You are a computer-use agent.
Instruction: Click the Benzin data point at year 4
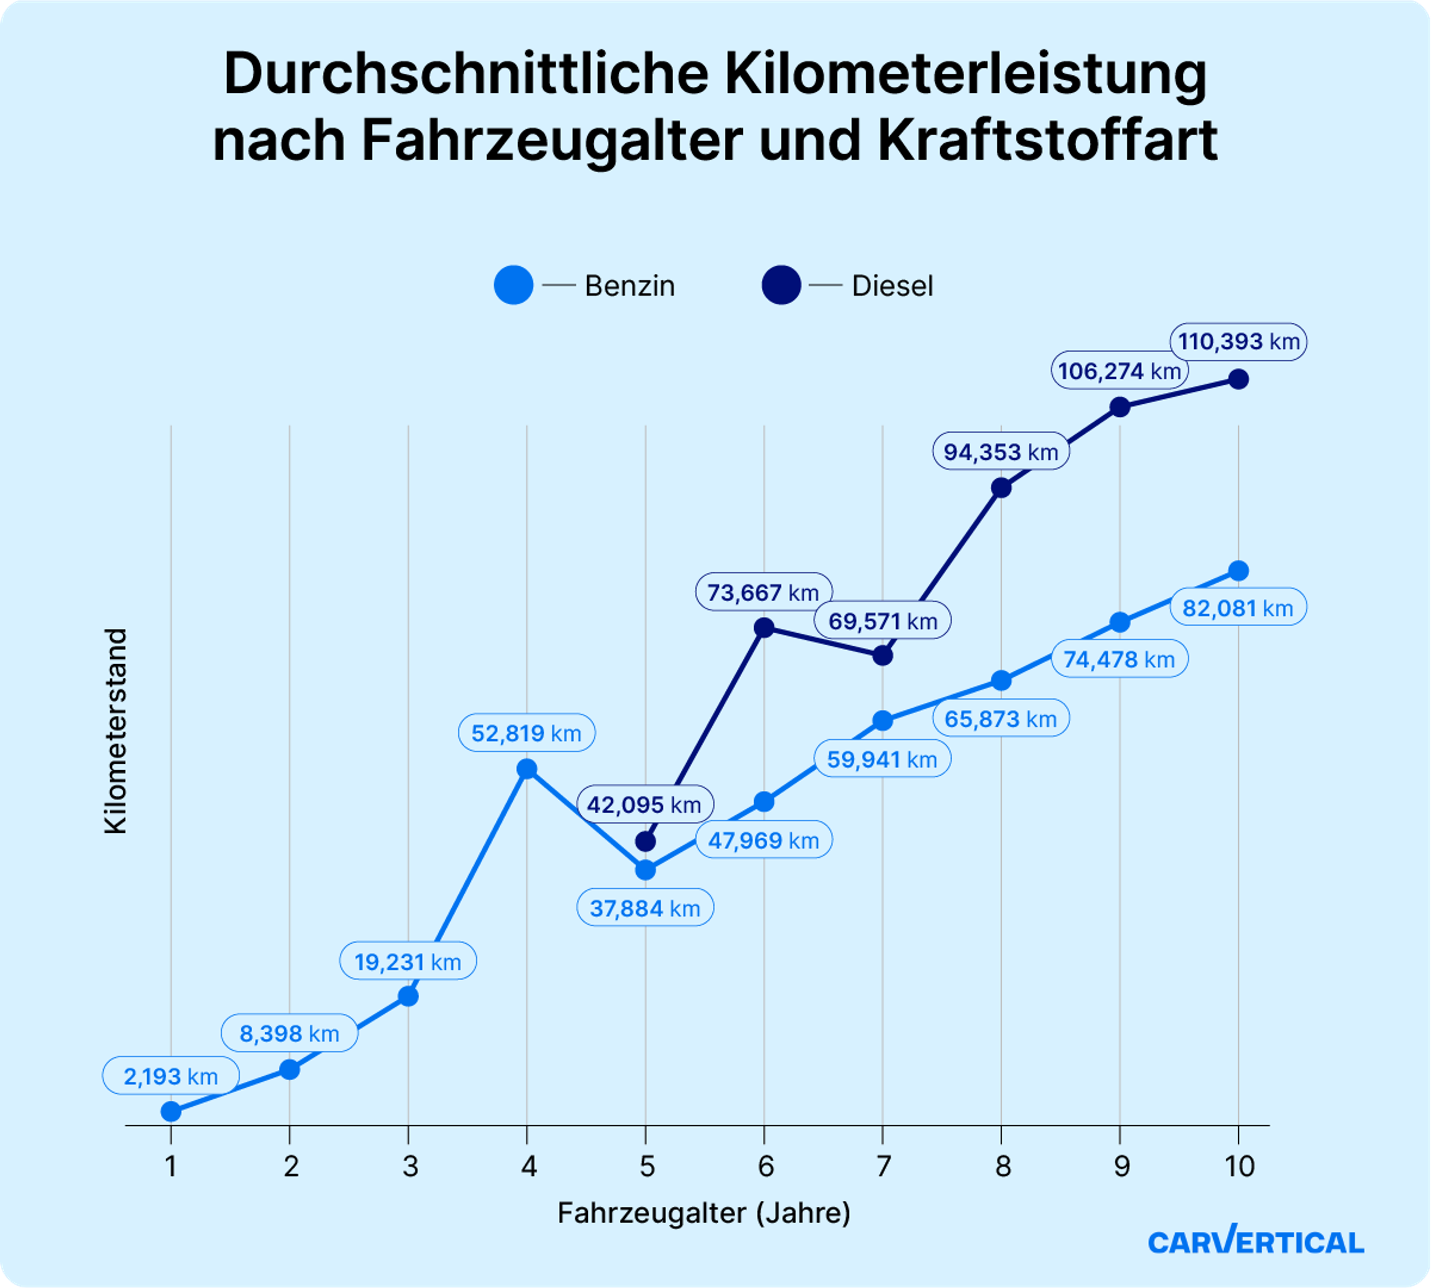coord(527,769)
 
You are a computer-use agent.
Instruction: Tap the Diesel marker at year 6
coord(764,627)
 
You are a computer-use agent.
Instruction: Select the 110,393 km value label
coord(1238,342)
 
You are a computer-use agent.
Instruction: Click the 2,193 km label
coord(171,1076)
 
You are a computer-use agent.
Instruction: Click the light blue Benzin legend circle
coord(514,285)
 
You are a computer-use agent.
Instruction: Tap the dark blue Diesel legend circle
coord(781,285)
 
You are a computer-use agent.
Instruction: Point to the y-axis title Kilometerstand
coord(116,731)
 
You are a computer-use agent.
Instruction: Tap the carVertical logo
coord(1255,1241)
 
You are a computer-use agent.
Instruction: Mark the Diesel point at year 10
coord(1238,379)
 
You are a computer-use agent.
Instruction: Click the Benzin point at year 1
coord(171,1112)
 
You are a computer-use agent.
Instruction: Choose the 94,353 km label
coord(1001,452)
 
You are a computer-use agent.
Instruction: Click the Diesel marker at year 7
coord(882,655)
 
